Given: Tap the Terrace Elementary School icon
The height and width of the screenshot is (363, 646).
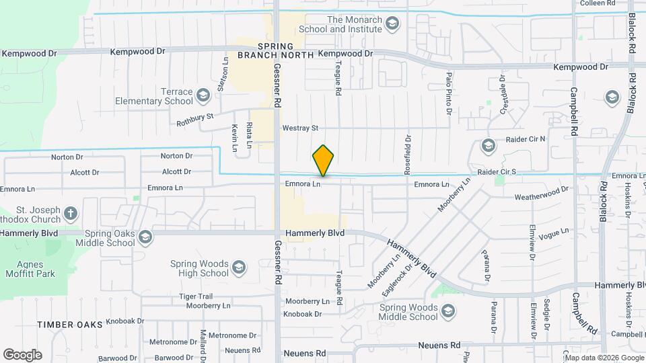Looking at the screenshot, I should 203,97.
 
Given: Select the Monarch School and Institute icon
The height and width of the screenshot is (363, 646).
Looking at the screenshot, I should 391,25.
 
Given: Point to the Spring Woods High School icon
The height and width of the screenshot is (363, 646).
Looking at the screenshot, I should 238,268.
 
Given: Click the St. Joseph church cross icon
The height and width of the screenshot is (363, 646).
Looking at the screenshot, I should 71,214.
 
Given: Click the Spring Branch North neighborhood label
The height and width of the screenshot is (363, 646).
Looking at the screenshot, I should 277,50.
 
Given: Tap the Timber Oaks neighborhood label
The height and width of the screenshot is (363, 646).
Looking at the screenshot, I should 71,324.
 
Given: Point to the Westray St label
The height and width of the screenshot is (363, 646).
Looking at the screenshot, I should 300,128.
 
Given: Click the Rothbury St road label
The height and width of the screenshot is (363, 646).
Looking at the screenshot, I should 194,120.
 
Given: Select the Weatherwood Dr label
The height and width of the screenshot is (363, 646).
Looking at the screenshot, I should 542,197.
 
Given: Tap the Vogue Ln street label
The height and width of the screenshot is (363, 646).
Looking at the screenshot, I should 554,232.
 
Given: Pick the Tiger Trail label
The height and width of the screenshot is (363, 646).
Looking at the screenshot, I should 196,296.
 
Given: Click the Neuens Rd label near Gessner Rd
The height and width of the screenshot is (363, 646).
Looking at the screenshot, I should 304,353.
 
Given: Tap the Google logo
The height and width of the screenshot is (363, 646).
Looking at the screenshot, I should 22,354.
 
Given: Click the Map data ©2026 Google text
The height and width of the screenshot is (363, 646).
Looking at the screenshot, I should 605,358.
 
